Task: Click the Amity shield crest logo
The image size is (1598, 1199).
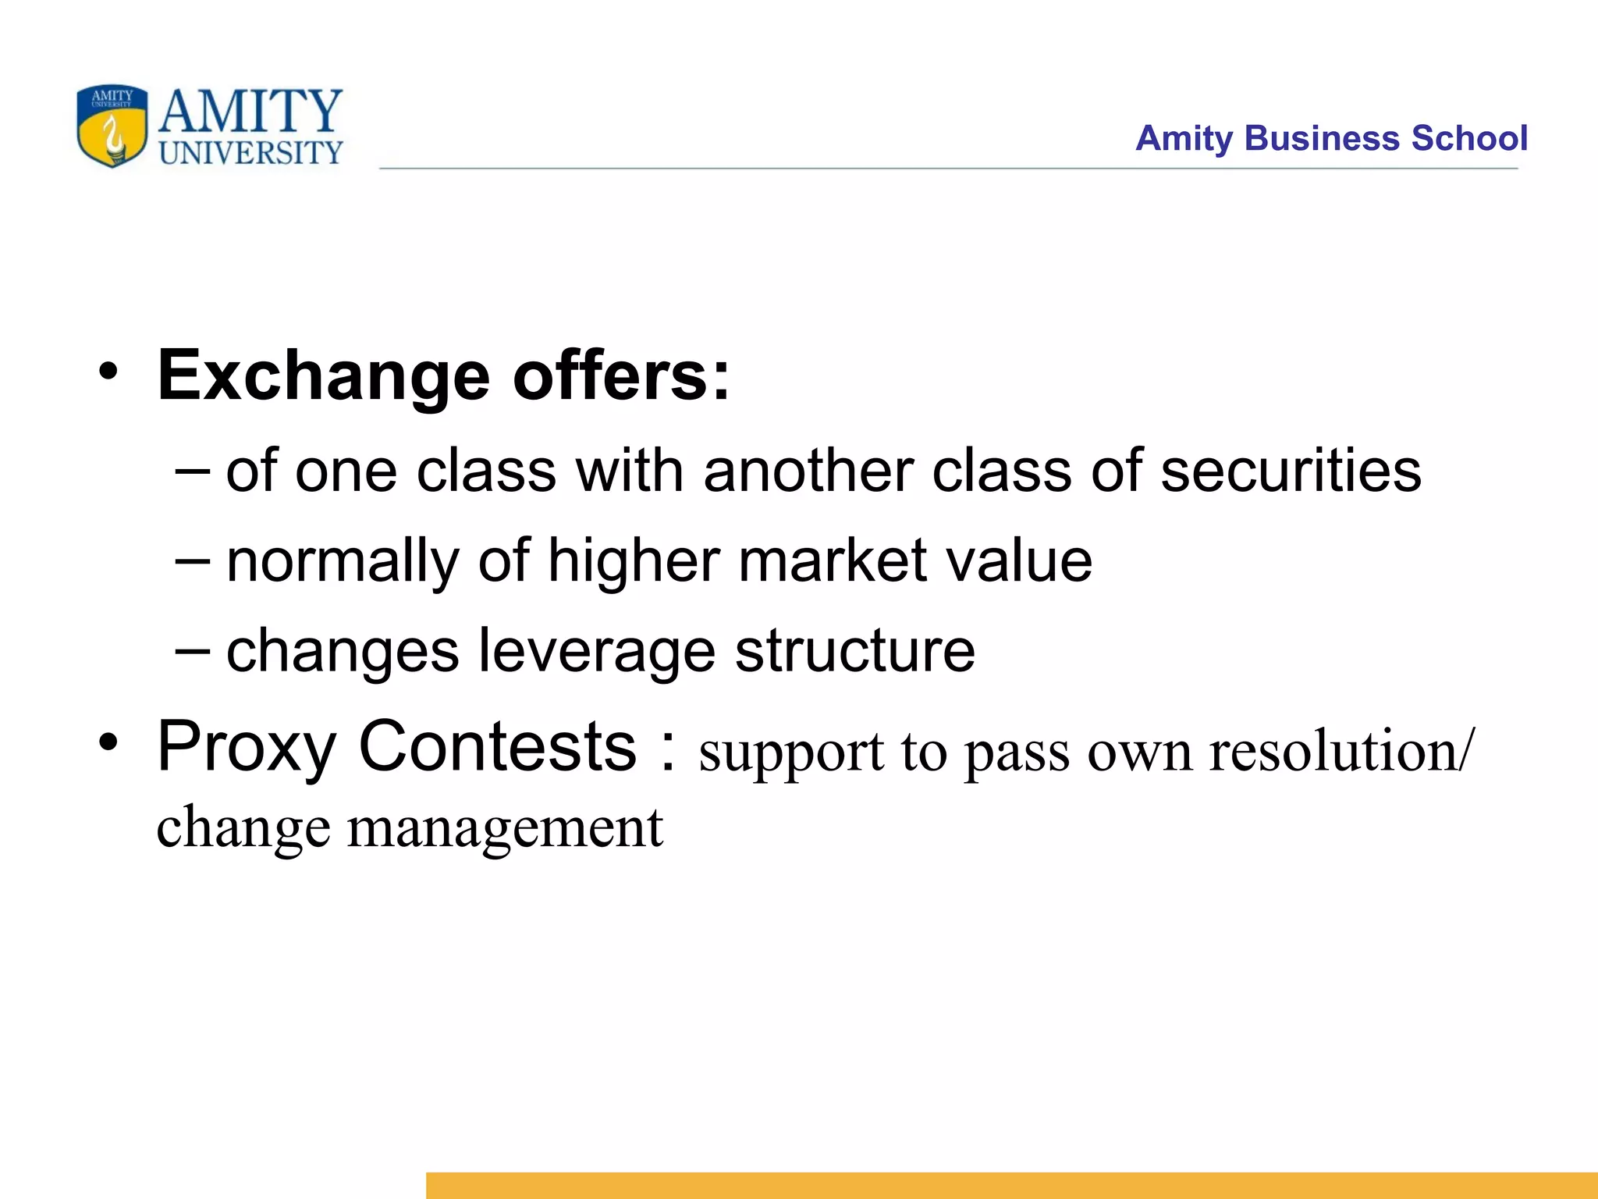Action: pos(112,126)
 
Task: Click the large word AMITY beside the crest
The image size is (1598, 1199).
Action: pos(250,111)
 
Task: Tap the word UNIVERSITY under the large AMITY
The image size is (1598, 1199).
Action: pos(250,153)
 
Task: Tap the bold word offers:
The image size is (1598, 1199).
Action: pos(621,376)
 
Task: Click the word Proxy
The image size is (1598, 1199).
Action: pos(247,748)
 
